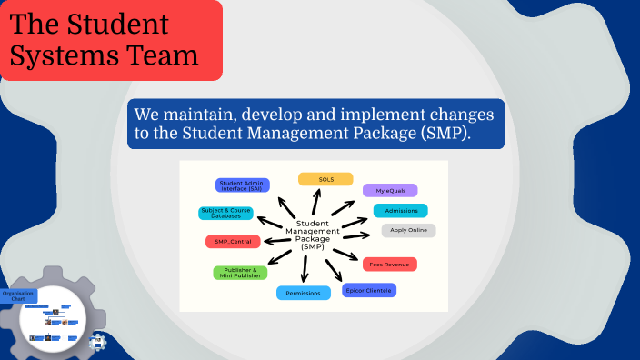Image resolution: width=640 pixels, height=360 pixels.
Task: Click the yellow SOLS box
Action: coord(325,179)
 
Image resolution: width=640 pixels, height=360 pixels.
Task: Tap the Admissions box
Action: coord(400,211)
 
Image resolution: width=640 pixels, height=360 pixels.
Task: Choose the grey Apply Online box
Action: coord(408,230)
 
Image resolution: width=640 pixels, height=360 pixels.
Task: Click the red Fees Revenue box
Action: coord(389,265)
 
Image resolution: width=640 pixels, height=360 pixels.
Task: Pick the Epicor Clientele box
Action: coord(368,291)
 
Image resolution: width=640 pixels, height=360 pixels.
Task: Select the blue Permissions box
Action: coord(303,294)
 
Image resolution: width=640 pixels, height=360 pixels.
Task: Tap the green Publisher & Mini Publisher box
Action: coord(240,273)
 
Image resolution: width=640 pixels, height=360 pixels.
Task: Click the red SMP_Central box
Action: coord(233,242)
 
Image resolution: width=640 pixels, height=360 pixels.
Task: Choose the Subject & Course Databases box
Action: coord(226,214)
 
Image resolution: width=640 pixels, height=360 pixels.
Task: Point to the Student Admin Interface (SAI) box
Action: coord(242,185)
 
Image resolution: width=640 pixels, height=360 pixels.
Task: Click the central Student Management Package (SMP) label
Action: coord(313,235)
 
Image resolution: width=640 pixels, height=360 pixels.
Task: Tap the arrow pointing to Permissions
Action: coord(305,267)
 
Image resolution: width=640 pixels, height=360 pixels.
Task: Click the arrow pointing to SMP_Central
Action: coord(274,241)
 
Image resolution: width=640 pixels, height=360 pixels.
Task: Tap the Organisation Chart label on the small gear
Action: coord(18,295)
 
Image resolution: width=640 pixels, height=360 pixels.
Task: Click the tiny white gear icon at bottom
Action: coord(99,342)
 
